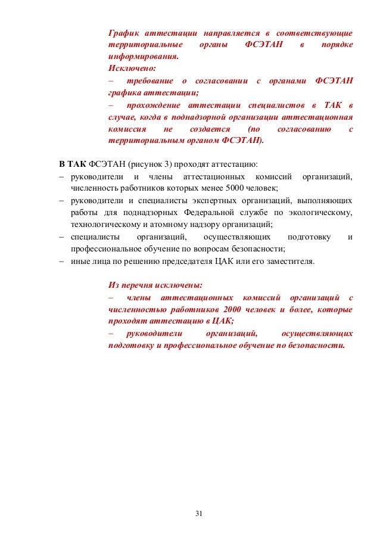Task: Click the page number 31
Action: click(x=200, y=513)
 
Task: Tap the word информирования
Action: click(x=143, y=57)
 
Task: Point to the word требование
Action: click(x=147, y=81)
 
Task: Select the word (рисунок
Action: click(x=147, y=163)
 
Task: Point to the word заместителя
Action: click(x=288, y=261)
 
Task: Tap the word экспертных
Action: click(x=214, y=200)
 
